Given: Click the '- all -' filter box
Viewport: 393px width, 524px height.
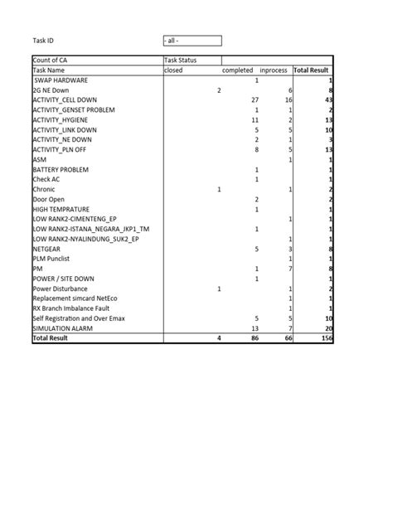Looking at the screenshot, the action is point(192,41).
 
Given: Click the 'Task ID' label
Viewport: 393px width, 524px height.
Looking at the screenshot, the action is point(43,41).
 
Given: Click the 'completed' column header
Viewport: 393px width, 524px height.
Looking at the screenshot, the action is point(238,70).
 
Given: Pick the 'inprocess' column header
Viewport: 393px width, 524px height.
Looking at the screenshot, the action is point(274,70).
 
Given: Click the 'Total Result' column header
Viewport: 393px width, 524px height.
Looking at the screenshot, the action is point(313,70).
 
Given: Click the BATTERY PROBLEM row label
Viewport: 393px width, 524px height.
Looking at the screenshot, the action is point(61,170).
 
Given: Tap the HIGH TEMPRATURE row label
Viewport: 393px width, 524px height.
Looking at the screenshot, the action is point(61,210).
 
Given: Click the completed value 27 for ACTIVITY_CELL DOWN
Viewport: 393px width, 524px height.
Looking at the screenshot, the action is point(255,100).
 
